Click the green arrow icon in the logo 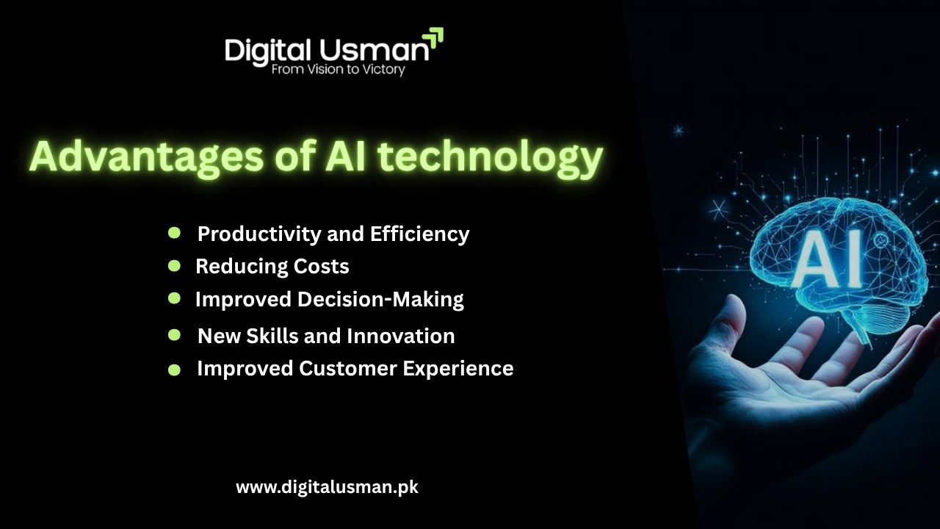pyautogui.click(x=434, y=37)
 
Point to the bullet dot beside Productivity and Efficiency pyautogui.click(x=175, y=233)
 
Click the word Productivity pyautogui.click(x=250, y=234)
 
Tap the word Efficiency pyautogui.click(x=419, y=234)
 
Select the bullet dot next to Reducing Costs pyautogui.click(x=175, y=265)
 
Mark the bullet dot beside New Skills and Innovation pyautogui.click(x=175, y=335)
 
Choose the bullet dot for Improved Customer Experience pyautogui.click(x=175, y=370)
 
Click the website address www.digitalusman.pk pyautogui.click(x=327, y=486)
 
